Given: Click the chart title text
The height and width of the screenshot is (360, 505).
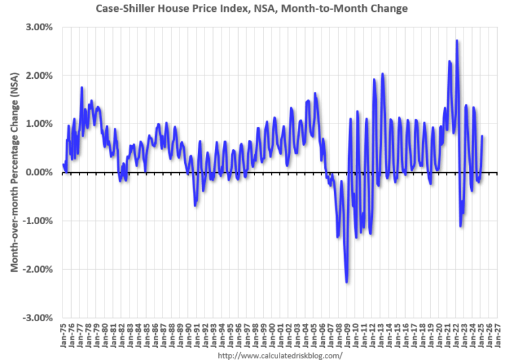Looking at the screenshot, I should click(x=252, y=9).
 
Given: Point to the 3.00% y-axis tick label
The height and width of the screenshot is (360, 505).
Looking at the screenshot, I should click(x=39, y=27).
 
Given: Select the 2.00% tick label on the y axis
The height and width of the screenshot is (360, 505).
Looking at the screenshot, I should click(x=39, y=76).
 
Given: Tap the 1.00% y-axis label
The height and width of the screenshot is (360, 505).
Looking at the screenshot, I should click(x=39, y=124).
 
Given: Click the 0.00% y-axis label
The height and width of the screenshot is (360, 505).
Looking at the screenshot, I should click(x=39, y=172).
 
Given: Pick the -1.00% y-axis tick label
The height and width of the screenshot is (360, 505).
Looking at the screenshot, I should click(x=37, y=221).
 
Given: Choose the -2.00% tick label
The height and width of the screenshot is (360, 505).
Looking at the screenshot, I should click(x=37, y=269).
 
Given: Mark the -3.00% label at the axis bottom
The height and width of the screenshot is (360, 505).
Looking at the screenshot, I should click(x=37, y=318).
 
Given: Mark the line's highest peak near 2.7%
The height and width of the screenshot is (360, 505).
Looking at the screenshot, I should click(x=456, y=41).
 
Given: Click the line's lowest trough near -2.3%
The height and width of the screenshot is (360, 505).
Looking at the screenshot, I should click(x=347, y=282).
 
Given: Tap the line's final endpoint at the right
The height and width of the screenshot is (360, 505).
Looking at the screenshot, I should click(x=483, y=137).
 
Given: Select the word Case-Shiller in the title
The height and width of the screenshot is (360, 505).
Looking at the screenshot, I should click(x=125, y=9).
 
